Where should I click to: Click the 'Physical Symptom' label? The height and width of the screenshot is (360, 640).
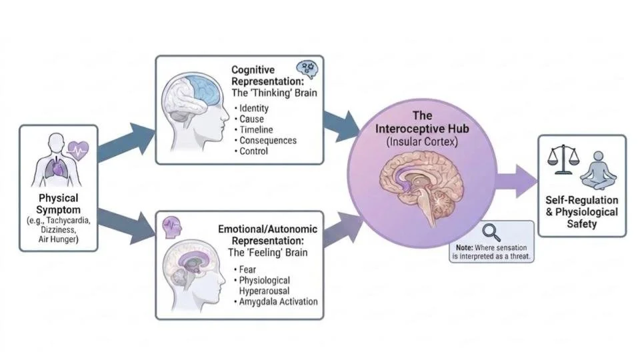pos(58,203)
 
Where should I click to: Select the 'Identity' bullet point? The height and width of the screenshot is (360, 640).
pos(253,108)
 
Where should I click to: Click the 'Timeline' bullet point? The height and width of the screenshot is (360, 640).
pos(255,129)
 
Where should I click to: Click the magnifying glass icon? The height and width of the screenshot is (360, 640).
pos(492,233)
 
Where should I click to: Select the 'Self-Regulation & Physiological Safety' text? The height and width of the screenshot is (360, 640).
pos(581,212)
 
